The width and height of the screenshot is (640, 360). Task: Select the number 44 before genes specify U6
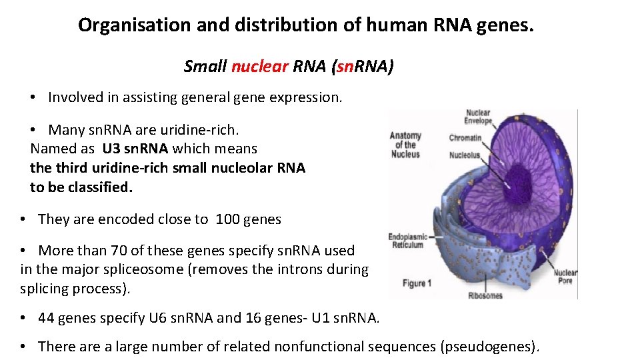(47, 318)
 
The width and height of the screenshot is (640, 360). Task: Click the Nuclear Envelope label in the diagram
(478, 117)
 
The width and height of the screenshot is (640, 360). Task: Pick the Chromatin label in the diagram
(465, 138)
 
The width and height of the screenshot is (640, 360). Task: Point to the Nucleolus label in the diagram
(465, 155)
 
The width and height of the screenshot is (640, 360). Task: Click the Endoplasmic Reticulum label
(407, 240)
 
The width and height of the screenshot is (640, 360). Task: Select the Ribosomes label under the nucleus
(485, 295)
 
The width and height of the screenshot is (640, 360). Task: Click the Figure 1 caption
(417, 283)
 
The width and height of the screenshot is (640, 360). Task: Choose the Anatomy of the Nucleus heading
(405, 145)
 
